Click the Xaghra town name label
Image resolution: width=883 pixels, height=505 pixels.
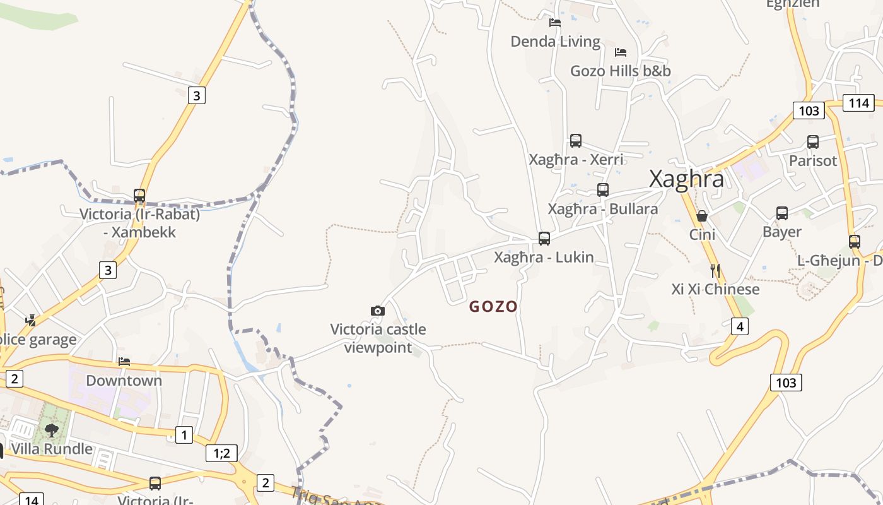pyautogui.click(x=687, y=179)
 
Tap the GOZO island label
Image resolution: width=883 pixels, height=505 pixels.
pyautogui.click(x=493, y=307)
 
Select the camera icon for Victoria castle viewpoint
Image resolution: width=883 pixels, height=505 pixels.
pyautogui.click(x=378, y=311)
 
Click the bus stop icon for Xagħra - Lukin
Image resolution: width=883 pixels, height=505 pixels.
pyautogui.click(x=544, y=238)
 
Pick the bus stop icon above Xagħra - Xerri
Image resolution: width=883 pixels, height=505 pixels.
pyautogui.click(x=576, y=140)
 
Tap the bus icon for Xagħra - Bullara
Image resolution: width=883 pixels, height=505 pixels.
pyautogui.click(x=603, y=189)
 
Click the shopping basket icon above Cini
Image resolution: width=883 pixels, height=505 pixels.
pyautogui.click(x=701, y=216)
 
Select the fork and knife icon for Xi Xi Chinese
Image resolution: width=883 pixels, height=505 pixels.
pyautogui.click(x=715, y=271)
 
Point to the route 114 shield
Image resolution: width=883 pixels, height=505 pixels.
pyautogui.click(x=858, y=103)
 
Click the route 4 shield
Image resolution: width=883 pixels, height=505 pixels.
pyautogui.click(x=740, y=326)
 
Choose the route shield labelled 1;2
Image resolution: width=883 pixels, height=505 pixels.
pyautogui.click(x=221, y=453)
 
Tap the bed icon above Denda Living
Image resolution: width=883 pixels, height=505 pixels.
pyautogui.click(x=555, y=23)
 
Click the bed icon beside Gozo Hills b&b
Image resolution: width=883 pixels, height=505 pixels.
pyautogui.click(x=621, y=52)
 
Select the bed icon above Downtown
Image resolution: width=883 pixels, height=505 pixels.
pyautogui.click(x=124, y=362)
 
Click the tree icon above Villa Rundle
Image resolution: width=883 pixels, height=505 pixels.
pyautogui.click(x=52, y=430)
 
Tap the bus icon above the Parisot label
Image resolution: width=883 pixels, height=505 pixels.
pyautogui.click(x=813, y=142)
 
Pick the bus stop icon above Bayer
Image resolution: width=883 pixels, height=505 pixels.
pyautogui.click(x=782, y=213)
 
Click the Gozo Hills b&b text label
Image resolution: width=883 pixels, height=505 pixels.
pyautogui.click(x=621, y=71)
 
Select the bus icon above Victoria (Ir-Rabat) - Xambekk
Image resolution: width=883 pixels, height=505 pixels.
pyautogui.click(x=139, y=196)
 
